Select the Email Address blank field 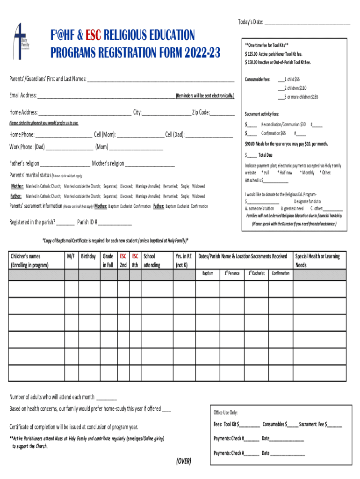click(x=106, y=96)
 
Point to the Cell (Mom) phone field click(x=141, y=135)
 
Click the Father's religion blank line click(x=65, y=164)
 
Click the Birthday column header click(x=88, y=256)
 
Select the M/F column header click(x=71, y=256)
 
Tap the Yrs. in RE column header click(x=183, y=261)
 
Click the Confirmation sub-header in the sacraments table click(x=281, y=273)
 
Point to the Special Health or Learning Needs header click(x=317, y=261)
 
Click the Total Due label click(x=265, y=155)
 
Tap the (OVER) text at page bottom click(x=183, y=461)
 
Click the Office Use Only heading click(x=225, y=413)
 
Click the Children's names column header click(x=28, y=261)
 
